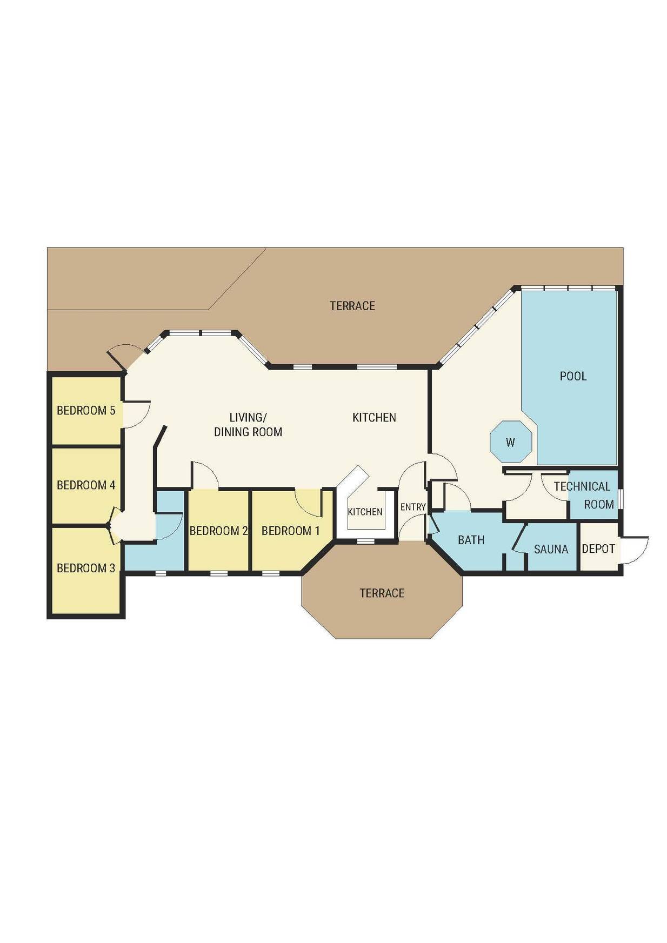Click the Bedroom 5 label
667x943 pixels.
click(86, 411)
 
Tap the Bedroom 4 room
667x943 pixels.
click(86, 485)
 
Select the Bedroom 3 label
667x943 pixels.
click(86, 568)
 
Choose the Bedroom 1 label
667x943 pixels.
click(291, 531)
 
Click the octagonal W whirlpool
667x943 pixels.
click(511, 442)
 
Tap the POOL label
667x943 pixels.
click(573, 376)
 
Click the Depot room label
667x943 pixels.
click(598, 549)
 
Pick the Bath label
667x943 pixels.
click(471, 540)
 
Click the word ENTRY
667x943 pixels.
click(413, 507)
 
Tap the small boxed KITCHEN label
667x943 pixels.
click(365, 512)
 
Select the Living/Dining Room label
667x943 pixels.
click(248, 424)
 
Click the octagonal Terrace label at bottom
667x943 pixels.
click(382, 593)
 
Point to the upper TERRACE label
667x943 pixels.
click(352, 306)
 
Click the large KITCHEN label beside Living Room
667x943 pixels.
click(374, 417)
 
